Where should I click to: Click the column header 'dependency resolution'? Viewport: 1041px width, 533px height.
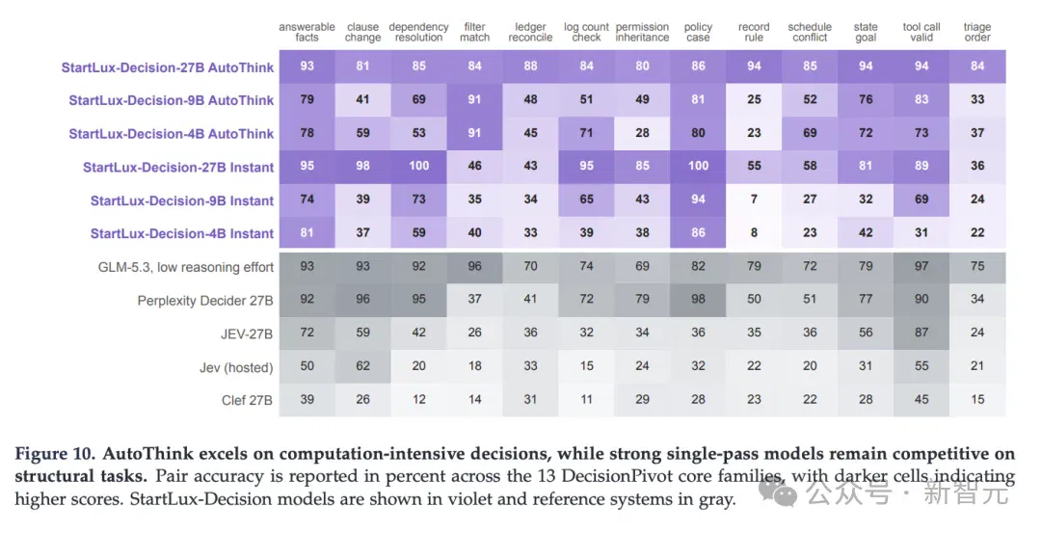pyautogui.click(x=418, y=32)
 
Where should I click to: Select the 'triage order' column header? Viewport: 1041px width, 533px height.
pyautogui.click(x=977, y=32)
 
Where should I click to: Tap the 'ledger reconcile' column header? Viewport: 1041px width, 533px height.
pyautogui.click(x=530, y=32)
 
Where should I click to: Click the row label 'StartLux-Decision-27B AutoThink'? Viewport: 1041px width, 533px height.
pyautogui.click(x=168, y=67)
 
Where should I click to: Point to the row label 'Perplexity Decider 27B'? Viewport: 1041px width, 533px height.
pyautogui.click(x=205, y=301)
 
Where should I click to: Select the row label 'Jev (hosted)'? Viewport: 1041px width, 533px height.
pyautogui.click(x=236, y=367)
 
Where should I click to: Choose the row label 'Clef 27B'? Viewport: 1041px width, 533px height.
pyautogui.click(x=247, y=400)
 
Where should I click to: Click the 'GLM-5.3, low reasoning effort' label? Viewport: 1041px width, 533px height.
pyautogui.click(x=186, y=268)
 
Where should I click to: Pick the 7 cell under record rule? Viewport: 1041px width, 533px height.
pyautogui.click(x=754, y=200)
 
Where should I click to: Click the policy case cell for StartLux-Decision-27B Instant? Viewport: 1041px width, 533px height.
pyautogui.click(x=698, y=166)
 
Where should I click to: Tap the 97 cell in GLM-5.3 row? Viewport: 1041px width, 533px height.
pyautogui.click(x=921, y=266)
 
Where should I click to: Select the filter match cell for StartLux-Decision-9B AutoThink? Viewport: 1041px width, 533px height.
pyautogui.click(x=474, y=99)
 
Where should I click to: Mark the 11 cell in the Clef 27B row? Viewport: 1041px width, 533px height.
pyautogui.click(x=586, y=400)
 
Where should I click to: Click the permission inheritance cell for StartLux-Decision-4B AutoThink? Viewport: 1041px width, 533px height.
pyautogui.click(x=642, y=133)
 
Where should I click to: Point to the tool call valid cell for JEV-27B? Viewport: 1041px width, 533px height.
pyautogui.click(x=921, y=333)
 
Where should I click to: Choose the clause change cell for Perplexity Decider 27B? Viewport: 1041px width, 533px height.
pyautogui.click(x=362, y=300)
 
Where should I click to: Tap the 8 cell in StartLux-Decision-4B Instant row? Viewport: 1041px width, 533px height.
pyautogui.click(x=754, y=232)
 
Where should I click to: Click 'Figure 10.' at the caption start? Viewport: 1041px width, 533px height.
pyautogui.click(x=56, y=455)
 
